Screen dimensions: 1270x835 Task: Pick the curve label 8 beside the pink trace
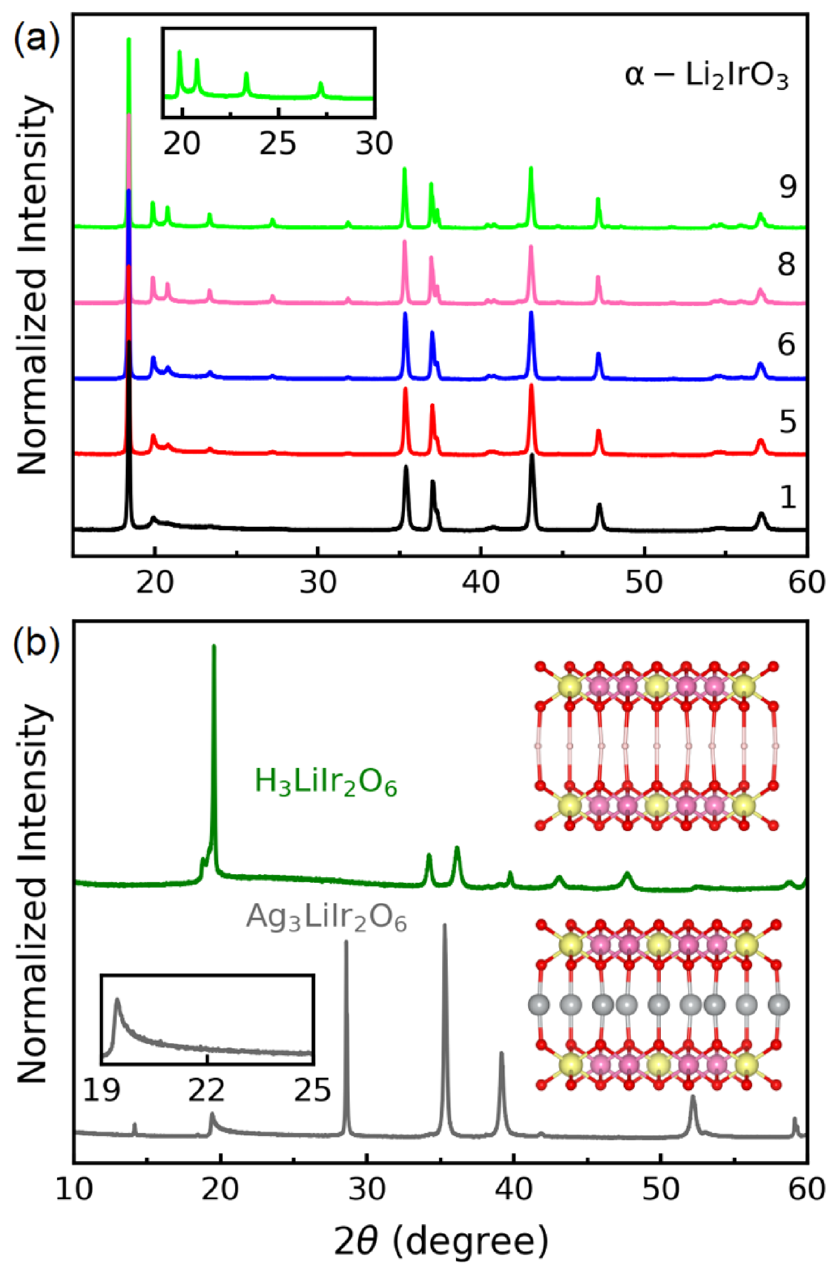click(787, 264)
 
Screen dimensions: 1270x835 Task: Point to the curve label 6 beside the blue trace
click(787, 344)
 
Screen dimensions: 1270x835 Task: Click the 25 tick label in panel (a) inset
click(277, 143)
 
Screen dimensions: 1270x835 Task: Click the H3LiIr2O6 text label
click(326, 783)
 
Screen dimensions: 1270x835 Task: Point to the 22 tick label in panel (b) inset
click(207, 1090)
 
